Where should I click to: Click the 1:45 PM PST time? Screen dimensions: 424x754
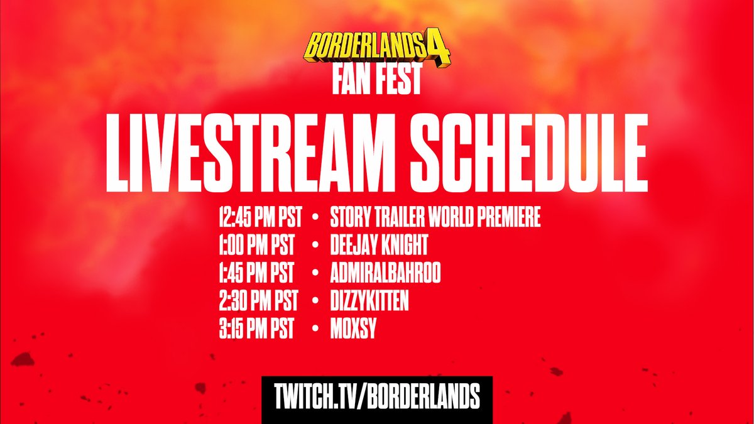click(x=256, y=275)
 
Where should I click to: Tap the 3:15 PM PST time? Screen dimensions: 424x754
click(x=256, y=330)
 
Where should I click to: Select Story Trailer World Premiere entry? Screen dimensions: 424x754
click(x=435, y=219)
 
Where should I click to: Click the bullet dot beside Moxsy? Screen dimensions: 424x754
click(x=314, y=331)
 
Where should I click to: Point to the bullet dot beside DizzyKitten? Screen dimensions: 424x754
click(x=314, y=303)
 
